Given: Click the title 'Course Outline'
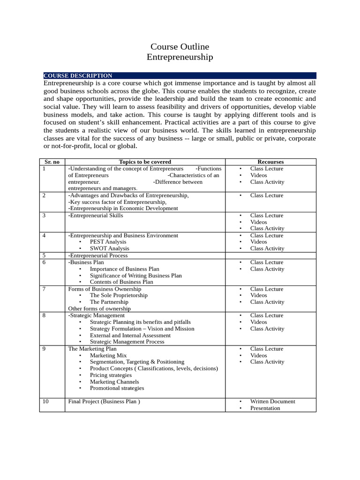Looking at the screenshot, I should pos(180,47).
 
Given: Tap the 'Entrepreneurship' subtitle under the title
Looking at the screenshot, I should pos(180,57).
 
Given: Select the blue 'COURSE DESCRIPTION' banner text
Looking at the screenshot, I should pos(78,75).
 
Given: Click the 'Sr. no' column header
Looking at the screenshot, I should pos(52,162).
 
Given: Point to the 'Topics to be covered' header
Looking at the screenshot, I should pos(145,162).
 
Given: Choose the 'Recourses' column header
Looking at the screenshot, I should pos(270,162).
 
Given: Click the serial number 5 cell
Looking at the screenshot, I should pos(44,255).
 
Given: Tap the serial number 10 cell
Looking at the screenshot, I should pos(45,401).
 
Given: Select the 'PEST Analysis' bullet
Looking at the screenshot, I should pos(108,242).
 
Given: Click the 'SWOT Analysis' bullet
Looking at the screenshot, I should pos(109,248).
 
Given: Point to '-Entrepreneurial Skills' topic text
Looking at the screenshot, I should pos(96,216).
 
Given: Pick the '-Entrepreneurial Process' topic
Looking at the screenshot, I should pos(97,255).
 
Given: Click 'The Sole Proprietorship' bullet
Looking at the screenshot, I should pos(119,295).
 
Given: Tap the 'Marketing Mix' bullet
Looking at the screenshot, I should pos(108,355).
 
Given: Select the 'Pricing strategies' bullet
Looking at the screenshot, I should pos(111,375).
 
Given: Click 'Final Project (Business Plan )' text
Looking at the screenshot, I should pos(104,401).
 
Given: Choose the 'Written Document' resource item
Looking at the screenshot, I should pos(273,401).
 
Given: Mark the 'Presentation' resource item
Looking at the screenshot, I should pos(265,408).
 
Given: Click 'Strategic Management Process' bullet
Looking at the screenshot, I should pos(127,342).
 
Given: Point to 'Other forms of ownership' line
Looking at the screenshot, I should pos(99,308).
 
